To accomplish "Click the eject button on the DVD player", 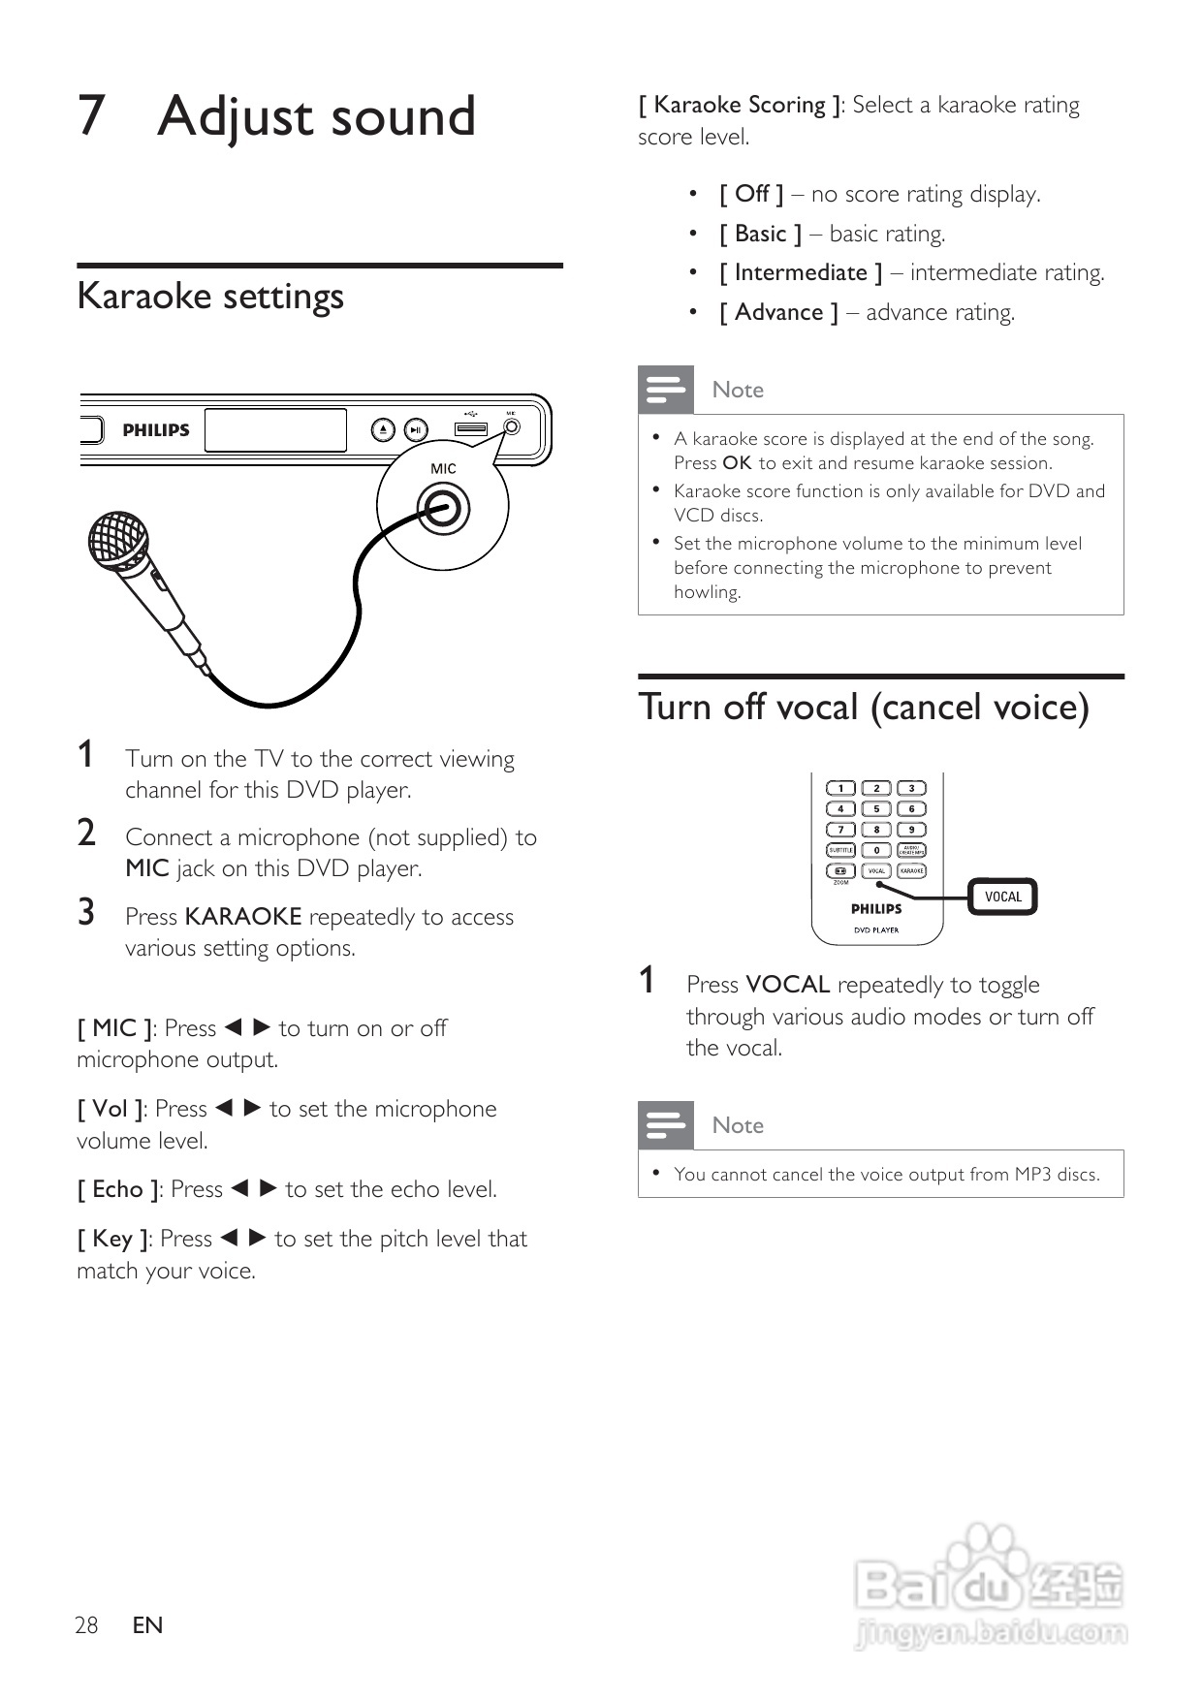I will tap(384, 429).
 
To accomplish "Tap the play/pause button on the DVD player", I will tap(415, 429).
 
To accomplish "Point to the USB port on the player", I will tap(471, 428).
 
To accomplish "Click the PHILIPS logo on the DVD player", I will tap(156, 430).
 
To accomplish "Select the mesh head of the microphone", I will tap(117, 540).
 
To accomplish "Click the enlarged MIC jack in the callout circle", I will tap(443, 508).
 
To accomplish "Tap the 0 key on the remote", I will tap(876, 850).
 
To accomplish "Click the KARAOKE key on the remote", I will tap(911, 870).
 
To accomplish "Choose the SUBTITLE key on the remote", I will tap(840, 850).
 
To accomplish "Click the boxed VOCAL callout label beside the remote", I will tap(1003, 897).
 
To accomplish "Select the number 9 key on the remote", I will tap(911, 830).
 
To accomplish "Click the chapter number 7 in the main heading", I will tap(91, 116).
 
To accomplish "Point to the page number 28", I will tap(86, 1625).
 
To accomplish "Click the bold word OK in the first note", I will tap(737, 463).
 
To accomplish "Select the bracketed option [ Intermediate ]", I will tap(801, 273).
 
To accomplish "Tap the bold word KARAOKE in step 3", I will tap(243, 917).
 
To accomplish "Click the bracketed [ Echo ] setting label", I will tap(118, 1189).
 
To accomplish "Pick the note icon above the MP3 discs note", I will tap(666, 1125).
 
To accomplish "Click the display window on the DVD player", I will tap(275, 430).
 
